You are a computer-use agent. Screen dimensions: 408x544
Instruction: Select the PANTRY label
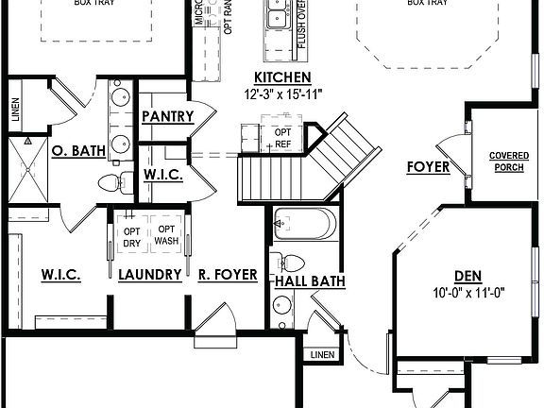click(167, 116)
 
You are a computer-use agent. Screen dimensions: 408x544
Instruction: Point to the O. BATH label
click(77, 149)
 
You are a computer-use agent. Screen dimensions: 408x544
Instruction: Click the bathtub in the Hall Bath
click(300, 226)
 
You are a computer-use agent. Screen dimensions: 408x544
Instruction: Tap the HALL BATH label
click(310, 280)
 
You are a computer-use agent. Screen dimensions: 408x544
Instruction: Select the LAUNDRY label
click(150, 275)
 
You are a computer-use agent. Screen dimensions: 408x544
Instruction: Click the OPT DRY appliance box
click(131, 237)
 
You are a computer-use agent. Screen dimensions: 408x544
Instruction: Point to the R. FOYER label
click(228, 275)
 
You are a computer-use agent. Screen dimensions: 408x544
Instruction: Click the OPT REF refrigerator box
click(281, 137)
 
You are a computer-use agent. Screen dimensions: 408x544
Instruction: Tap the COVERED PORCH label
click(507, 161)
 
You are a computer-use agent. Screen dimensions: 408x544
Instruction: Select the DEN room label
click(467, 275)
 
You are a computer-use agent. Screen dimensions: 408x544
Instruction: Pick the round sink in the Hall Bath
click(281, 305)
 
